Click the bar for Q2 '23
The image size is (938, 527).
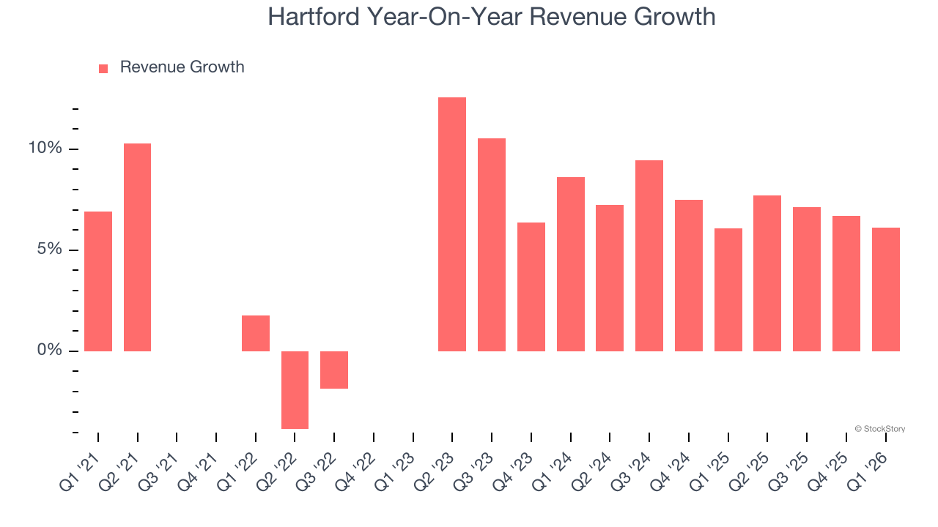pyautogui.click(x=451, y=224)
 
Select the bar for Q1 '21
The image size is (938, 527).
pyautogui.click(x=98, y=281)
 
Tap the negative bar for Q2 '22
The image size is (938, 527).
pyautogui.click(x=295, y=389)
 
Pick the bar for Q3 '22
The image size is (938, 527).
pyautogui.click(x=334, y=370)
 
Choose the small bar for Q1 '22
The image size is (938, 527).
pyautogui.click(x=256, y=333)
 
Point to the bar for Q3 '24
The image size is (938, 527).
pyautogui.click(x=649, y=255)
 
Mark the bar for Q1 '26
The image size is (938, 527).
pyautogui.click(x=885, y=289)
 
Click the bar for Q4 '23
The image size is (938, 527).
pyautogui.click(x=531, y=286)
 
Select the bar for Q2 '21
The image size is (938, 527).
pyautogui.click(x=137, y=247)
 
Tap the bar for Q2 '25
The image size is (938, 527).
pyautogui.click(x=767, y=273)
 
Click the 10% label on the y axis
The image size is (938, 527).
pyautogui.click(x=45, y=149)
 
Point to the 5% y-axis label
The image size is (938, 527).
pyautogui.click(x=49, y=250)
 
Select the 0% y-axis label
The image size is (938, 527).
pyautogui.click(x=49, y=351)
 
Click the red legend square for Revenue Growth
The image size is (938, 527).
pyautogui.click(x=103, y=68)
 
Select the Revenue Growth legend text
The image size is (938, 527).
pyautogui.click(x=182, y=67)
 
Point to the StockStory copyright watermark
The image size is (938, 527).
pyautogui.click(x=879, y=429)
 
